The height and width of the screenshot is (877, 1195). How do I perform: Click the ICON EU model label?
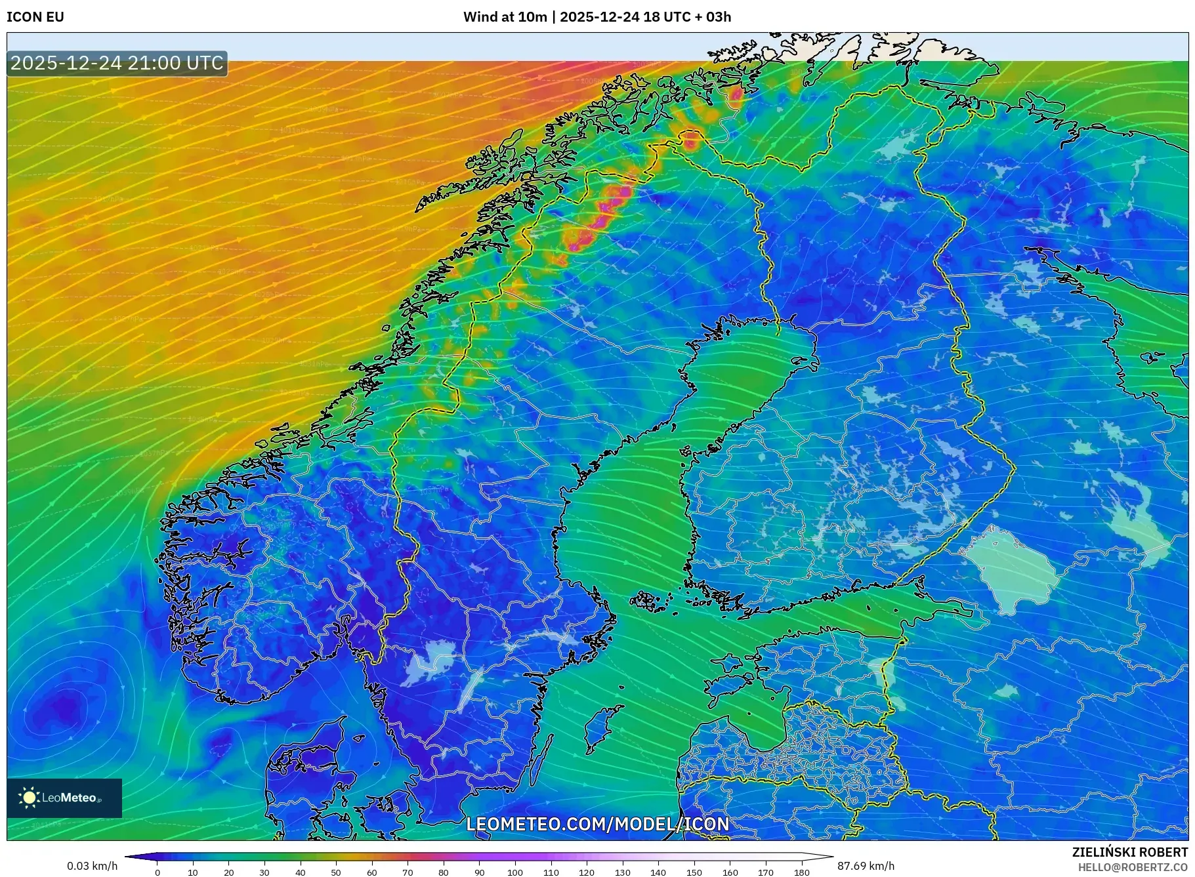[x=35, y=17]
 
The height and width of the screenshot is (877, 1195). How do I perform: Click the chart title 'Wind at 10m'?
[x=504, y=17]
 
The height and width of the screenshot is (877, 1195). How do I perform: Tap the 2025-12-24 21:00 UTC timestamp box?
[x=117, y=63]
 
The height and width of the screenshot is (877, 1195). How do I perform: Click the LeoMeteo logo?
[x=64, y=798]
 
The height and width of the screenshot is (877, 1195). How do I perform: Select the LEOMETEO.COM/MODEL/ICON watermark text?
[x=597, y=824]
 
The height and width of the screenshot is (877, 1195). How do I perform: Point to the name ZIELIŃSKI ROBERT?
[x=1129, y=852]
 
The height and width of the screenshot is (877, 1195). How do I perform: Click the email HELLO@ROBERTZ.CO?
[x=1133, y=867]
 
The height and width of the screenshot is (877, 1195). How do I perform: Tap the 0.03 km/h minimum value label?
[x=92, y=866]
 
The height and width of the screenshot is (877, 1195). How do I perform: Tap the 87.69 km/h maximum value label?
[x=866, y=866]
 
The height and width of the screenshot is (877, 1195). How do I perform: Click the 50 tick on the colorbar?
[x=336, y=872]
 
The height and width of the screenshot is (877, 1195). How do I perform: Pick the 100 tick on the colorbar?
[x=515, y=872]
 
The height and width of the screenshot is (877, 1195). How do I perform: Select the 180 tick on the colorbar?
[x=801, y=872]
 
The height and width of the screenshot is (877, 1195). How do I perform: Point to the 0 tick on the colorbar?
[x=157, y=872]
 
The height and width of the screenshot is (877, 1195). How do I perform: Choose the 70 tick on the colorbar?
[x=408, y=872]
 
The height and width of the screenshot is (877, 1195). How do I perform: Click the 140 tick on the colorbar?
[x=658, y=872]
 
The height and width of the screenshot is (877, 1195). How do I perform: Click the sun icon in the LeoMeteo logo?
[x=29, y=798]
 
